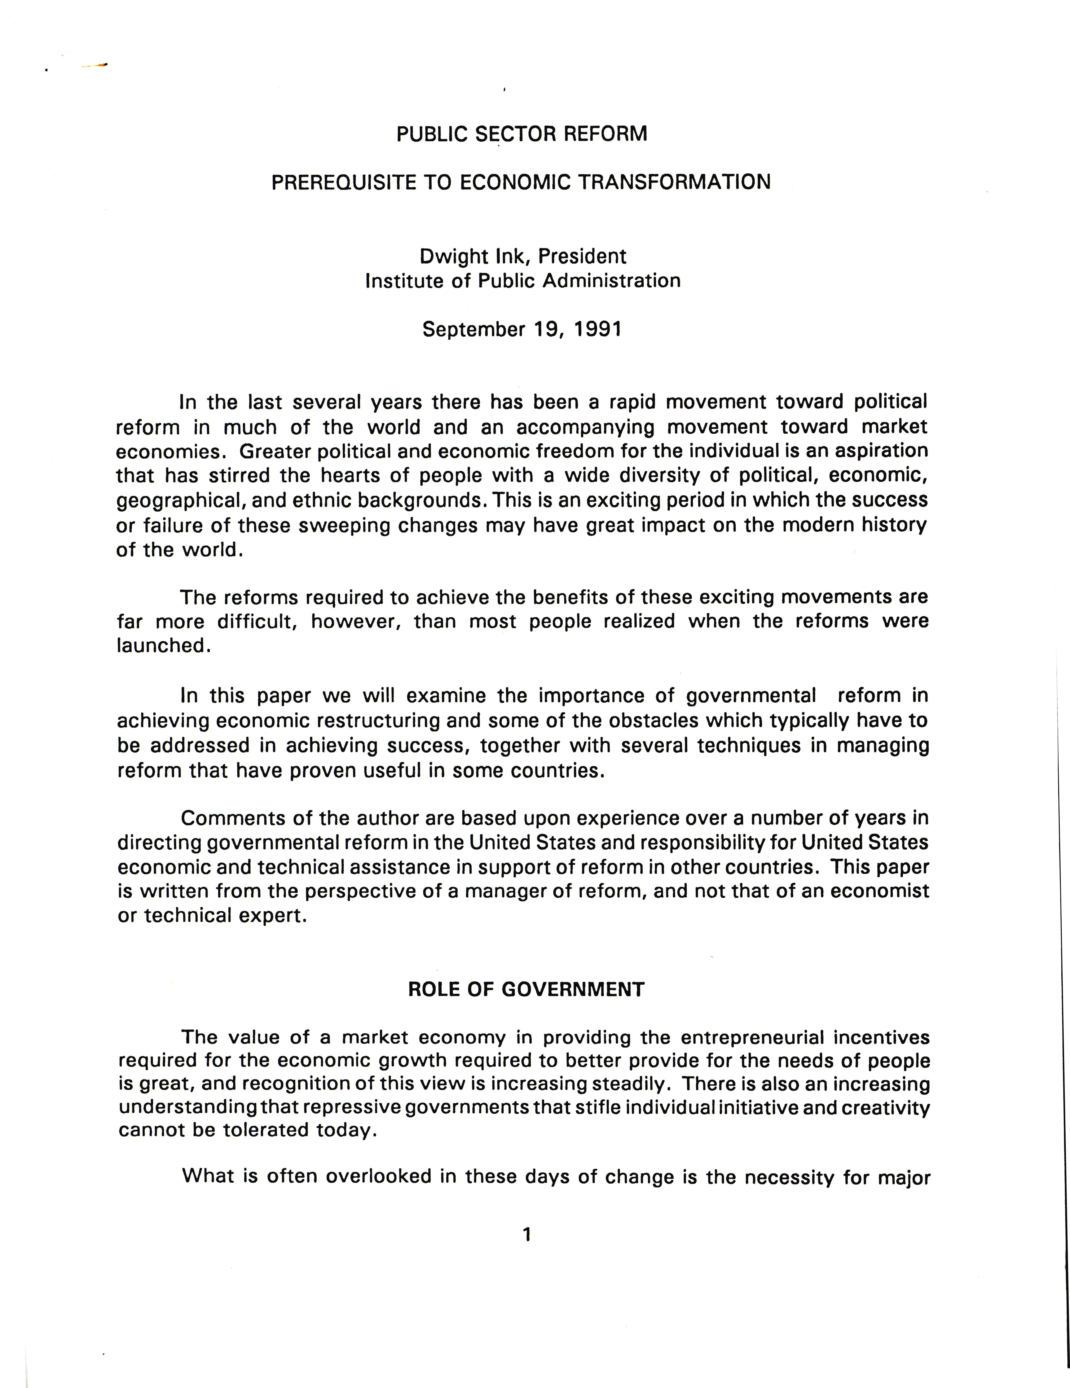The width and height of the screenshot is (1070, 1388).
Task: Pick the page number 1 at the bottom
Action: point(526,1234)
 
